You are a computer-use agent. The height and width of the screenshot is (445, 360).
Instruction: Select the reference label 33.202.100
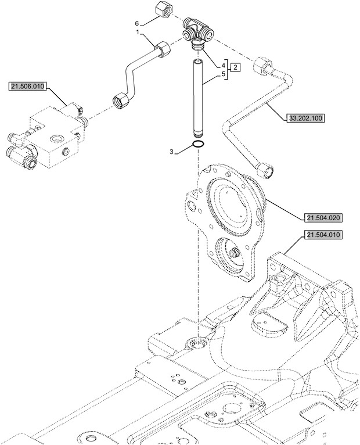(x=305, y=118)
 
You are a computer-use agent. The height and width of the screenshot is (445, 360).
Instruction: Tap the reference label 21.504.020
(x=322, y=218)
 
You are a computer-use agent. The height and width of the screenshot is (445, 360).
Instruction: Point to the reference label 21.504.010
(x=322, y=235)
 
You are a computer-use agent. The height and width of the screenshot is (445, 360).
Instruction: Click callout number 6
(x=136, y=23)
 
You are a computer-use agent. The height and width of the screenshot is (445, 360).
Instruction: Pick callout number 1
(x=138, y=34)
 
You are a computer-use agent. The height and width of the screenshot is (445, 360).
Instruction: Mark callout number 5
(x=224, y=74)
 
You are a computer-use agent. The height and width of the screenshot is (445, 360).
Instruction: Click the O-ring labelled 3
(x=197, y=144)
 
